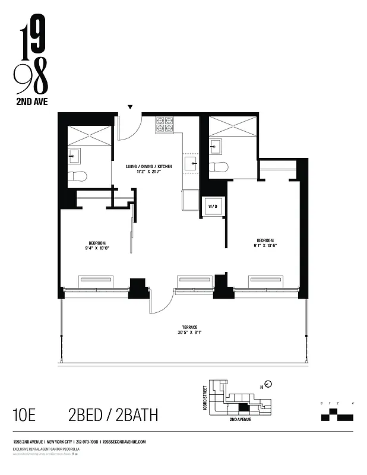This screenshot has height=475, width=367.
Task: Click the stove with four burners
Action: point(164,124)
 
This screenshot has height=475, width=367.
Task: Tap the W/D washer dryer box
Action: point(212,207)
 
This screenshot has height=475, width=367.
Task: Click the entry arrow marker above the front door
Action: point(130,107)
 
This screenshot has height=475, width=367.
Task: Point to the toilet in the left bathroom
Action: point(78,176)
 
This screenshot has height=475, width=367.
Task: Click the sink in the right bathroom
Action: point(215,145)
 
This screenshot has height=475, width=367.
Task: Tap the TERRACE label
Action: point(190,328)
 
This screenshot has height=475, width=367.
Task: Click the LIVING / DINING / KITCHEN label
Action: point(148,167)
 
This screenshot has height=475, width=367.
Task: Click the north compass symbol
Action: point(268,384)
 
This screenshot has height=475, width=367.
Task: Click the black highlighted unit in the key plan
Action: point(243,408)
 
